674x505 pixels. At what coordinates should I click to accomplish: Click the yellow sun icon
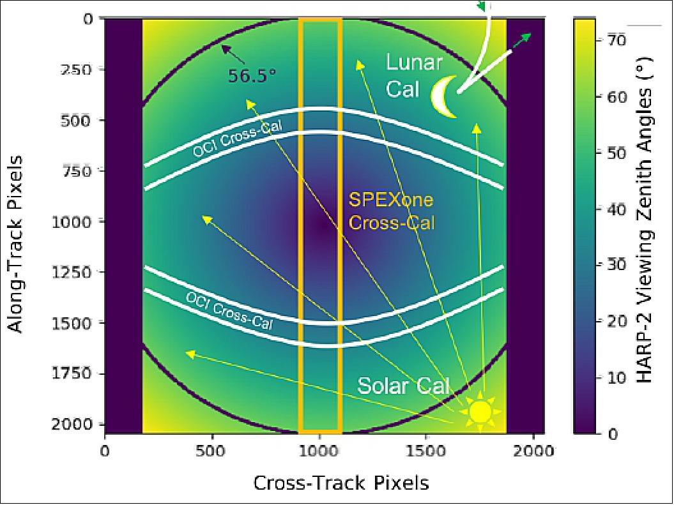pyautogui.click(x=480, y=411)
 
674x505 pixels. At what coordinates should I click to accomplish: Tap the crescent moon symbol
pyautogui.click(x=443, y=97)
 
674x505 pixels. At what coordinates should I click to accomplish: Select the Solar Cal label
pyautogui.click(x=403, y=386)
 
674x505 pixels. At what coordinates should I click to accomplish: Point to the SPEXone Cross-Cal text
pyautogui.click(x=391, y=211)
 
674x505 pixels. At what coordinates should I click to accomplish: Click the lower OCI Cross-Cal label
pyautogui.click(x=229, y=310)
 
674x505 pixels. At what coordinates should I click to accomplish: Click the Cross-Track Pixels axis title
pyautogui.click(x=341, y=483)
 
